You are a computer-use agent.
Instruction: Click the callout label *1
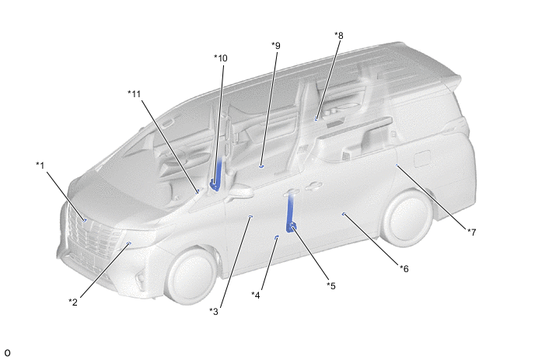click(40, 166)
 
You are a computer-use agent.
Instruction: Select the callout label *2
click(73, 302)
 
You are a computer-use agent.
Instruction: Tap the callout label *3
click(214, 311)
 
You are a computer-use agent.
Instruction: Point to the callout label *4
click(256, 295)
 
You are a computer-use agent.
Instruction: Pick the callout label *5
click(331, 285)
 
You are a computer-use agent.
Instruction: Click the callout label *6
click(404, 268)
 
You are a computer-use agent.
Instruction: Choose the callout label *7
click(471, 232)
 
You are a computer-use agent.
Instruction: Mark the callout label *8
click(339, 35)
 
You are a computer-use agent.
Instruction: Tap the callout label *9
click(276, 45)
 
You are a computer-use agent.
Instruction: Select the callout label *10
click(221, 58)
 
